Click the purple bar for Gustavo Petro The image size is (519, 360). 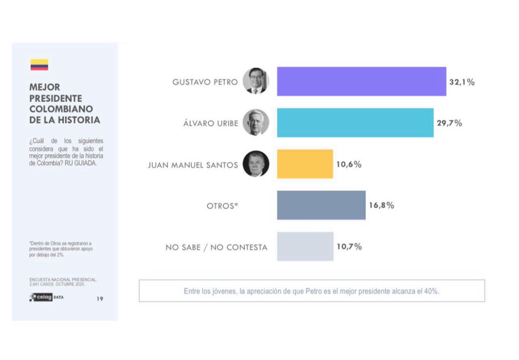362,81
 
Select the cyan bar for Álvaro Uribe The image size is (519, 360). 355,123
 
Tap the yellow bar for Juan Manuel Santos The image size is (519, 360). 305,164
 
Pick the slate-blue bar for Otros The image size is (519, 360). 321,205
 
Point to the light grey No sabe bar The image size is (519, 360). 305,246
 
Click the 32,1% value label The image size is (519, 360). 461,82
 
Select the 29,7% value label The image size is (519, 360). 449,123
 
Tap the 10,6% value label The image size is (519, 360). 349,164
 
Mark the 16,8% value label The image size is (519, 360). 381,206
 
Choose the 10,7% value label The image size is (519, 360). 349,247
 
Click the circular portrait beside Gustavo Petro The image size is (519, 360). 256,81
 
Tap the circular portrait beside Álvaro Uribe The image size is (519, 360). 256,122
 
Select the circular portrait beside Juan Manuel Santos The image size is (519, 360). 256,164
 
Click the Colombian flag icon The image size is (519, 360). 39,65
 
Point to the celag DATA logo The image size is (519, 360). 46,298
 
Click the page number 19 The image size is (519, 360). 100,299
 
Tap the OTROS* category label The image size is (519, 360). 222,206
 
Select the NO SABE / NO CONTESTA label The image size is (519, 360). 216,248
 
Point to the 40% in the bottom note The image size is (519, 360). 432,291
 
